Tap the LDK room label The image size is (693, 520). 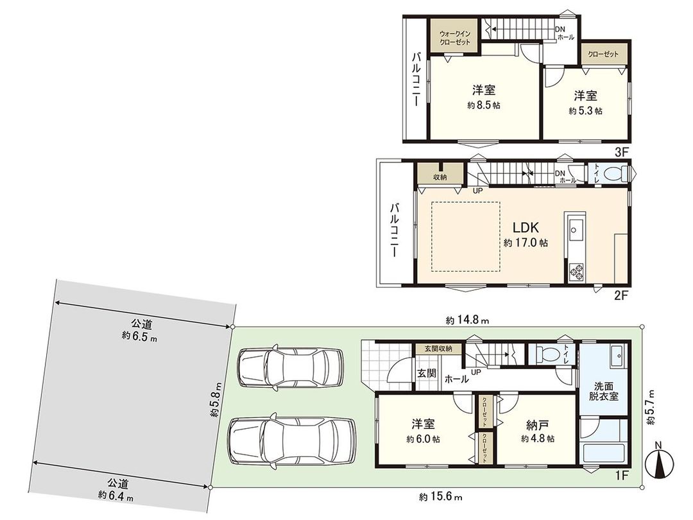point(525,228)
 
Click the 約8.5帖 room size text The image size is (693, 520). point(483,105)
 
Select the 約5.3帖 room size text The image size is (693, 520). point(585,110)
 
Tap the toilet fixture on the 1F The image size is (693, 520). point(547,354)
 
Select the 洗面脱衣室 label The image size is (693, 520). point(604,391)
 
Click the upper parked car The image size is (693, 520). point(291,367)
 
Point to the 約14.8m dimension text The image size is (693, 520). point(468,320)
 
